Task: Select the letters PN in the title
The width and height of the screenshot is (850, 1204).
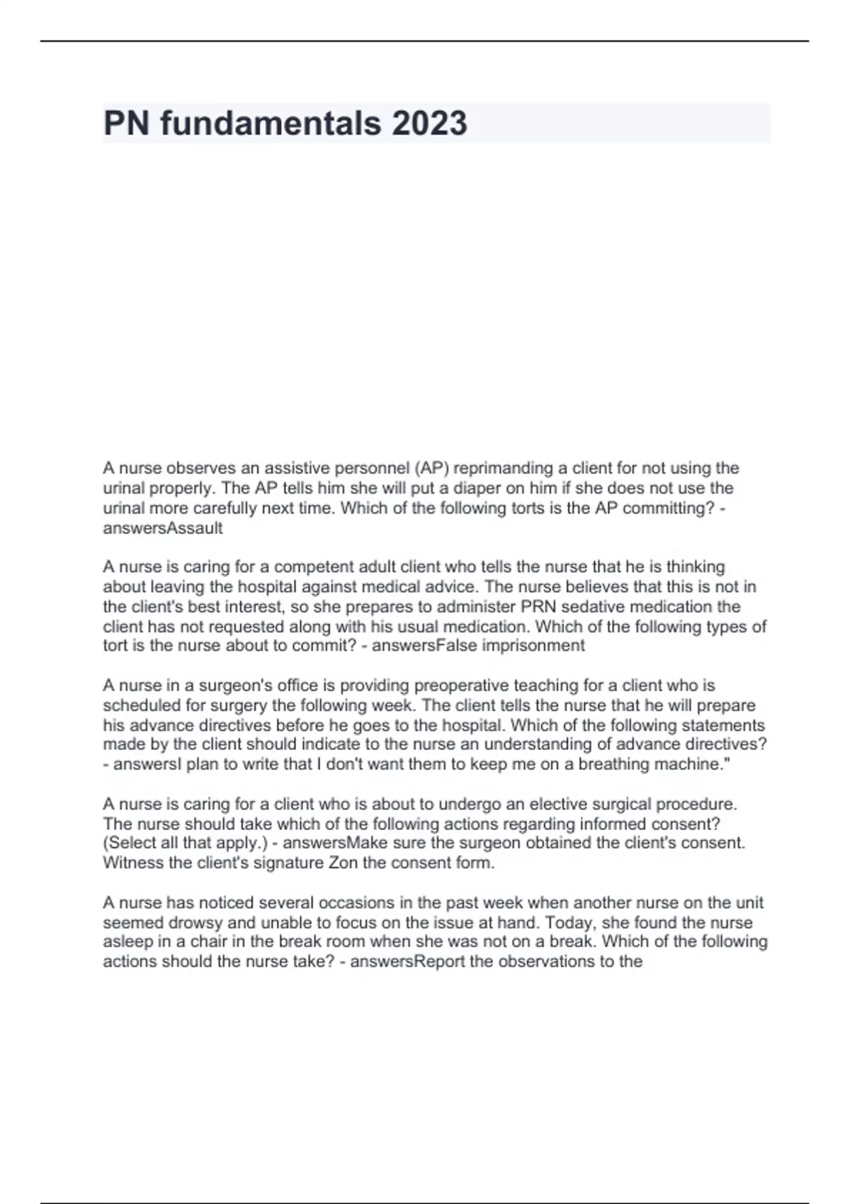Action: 126,123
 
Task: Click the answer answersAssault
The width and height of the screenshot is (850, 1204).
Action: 163,528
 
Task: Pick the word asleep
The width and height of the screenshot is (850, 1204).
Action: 127,942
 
